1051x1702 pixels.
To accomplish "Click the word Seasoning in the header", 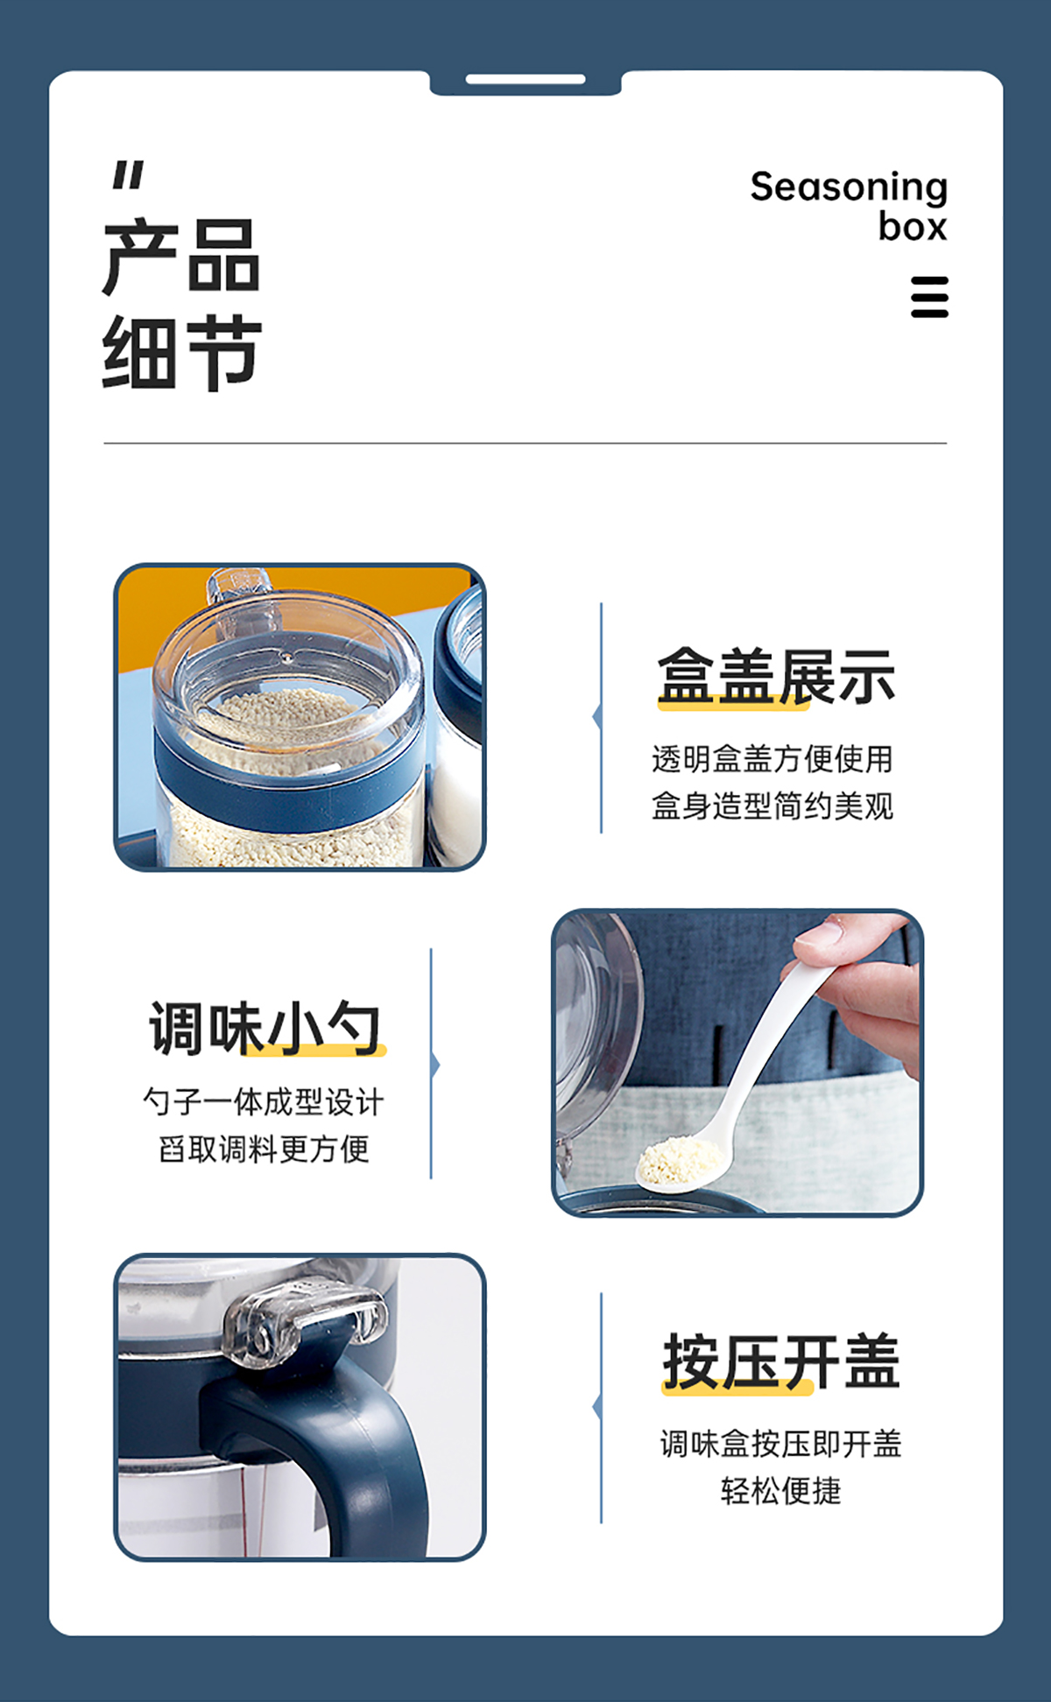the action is click(849, 188).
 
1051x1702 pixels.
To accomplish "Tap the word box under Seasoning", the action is click(913, 227).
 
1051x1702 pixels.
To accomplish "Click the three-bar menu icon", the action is click(929, 297).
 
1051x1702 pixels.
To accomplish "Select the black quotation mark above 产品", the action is click(128, 175).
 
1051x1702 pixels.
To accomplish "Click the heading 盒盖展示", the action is click(777, 676).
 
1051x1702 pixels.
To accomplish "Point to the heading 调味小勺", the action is click(266, 1028).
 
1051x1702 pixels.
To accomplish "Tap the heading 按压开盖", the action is click(781, 1361).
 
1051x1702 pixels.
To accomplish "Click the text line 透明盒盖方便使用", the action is click(772, 759).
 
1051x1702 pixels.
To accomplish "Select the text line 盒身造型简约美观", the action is click(772, 805).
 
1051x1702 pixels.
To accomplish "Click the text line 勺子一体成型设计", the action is click(264, 1101).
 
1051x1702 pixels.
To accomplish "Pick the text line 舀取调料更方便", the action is click(264, 1149).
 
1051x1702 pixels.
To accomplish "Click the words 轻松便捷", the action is click(781, 1490).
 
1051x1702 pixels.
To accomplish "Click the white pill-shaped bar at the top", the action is click(525, 80).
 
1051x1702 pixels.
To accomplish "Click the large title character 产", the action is click(141, 257).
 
